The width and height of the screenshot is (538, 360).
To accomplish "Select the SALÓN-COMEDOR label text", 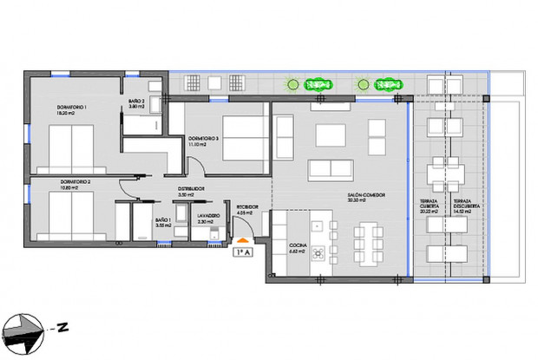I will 367,197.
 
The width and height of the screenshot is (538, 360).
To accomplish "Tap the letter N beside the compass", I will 63,327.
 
